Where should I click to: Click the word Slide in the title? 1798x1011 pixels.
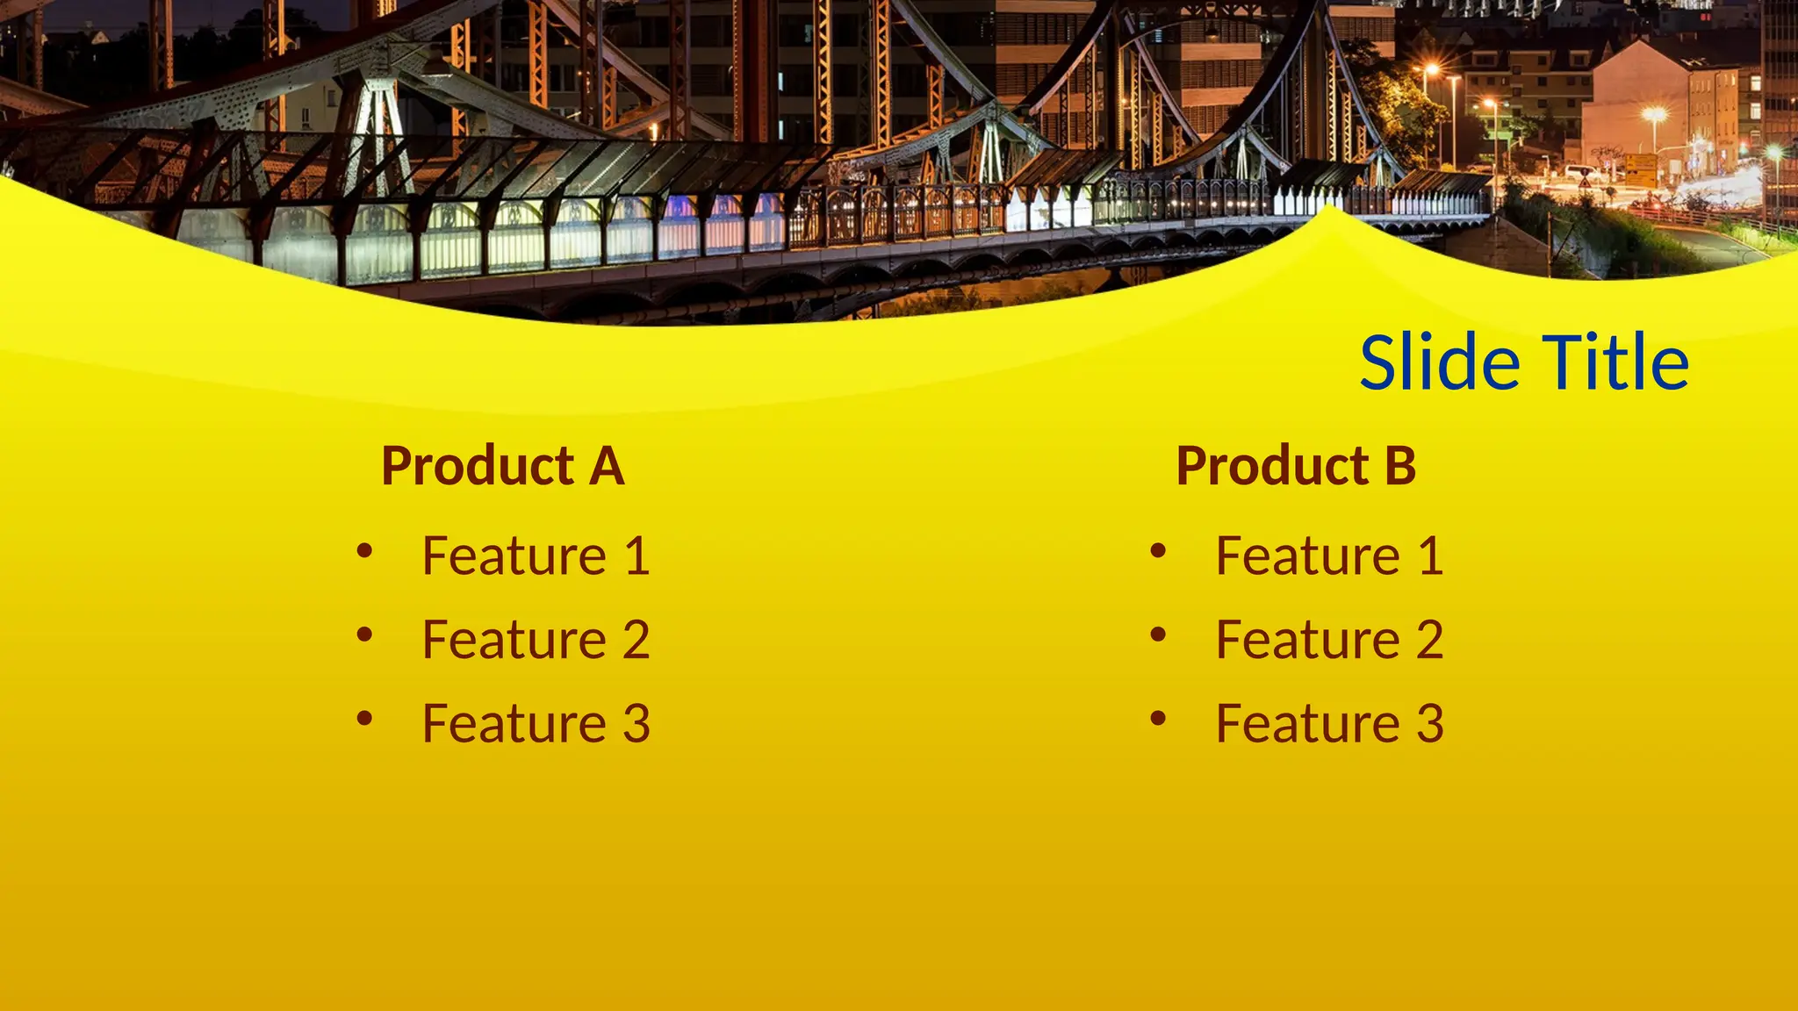[1440, 362]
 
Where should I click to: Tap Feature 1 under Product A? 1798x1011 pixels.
[536, 556]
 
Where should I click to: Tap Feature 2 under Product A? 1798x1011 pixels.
[536, 640]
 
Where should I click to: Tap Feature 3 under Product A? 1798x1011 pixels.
[536, 724]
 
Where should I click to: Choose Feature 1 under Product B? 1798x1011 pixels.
[1329, 556]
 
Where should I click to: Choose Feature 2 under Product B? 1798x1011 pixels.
[1329, 640]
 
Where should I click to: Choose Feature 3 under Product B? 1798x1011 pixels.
[1329, 724]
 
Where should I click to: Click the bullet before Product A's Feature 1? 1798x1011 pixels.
[364, 551]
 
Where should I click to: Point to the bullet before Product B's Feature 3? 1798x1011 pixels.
[1158, 720]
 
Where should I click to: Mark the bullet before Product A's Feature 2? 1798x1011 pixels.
[364, 635]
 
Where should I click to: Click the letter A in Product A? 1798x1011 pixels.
[607, 466]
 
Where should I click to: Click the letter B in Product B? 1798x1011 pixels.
[1400, 466]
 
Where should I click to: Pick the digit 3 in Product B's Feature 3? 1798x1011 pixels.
[1430, 724]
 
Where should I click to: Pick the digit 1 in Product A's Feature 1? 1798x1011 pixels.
[637, 556]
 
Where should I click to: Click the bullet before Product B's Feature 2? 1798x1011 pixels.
[1158, 635]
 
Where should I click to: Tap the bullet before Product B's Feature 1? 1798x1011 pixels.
[1158, 551]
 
